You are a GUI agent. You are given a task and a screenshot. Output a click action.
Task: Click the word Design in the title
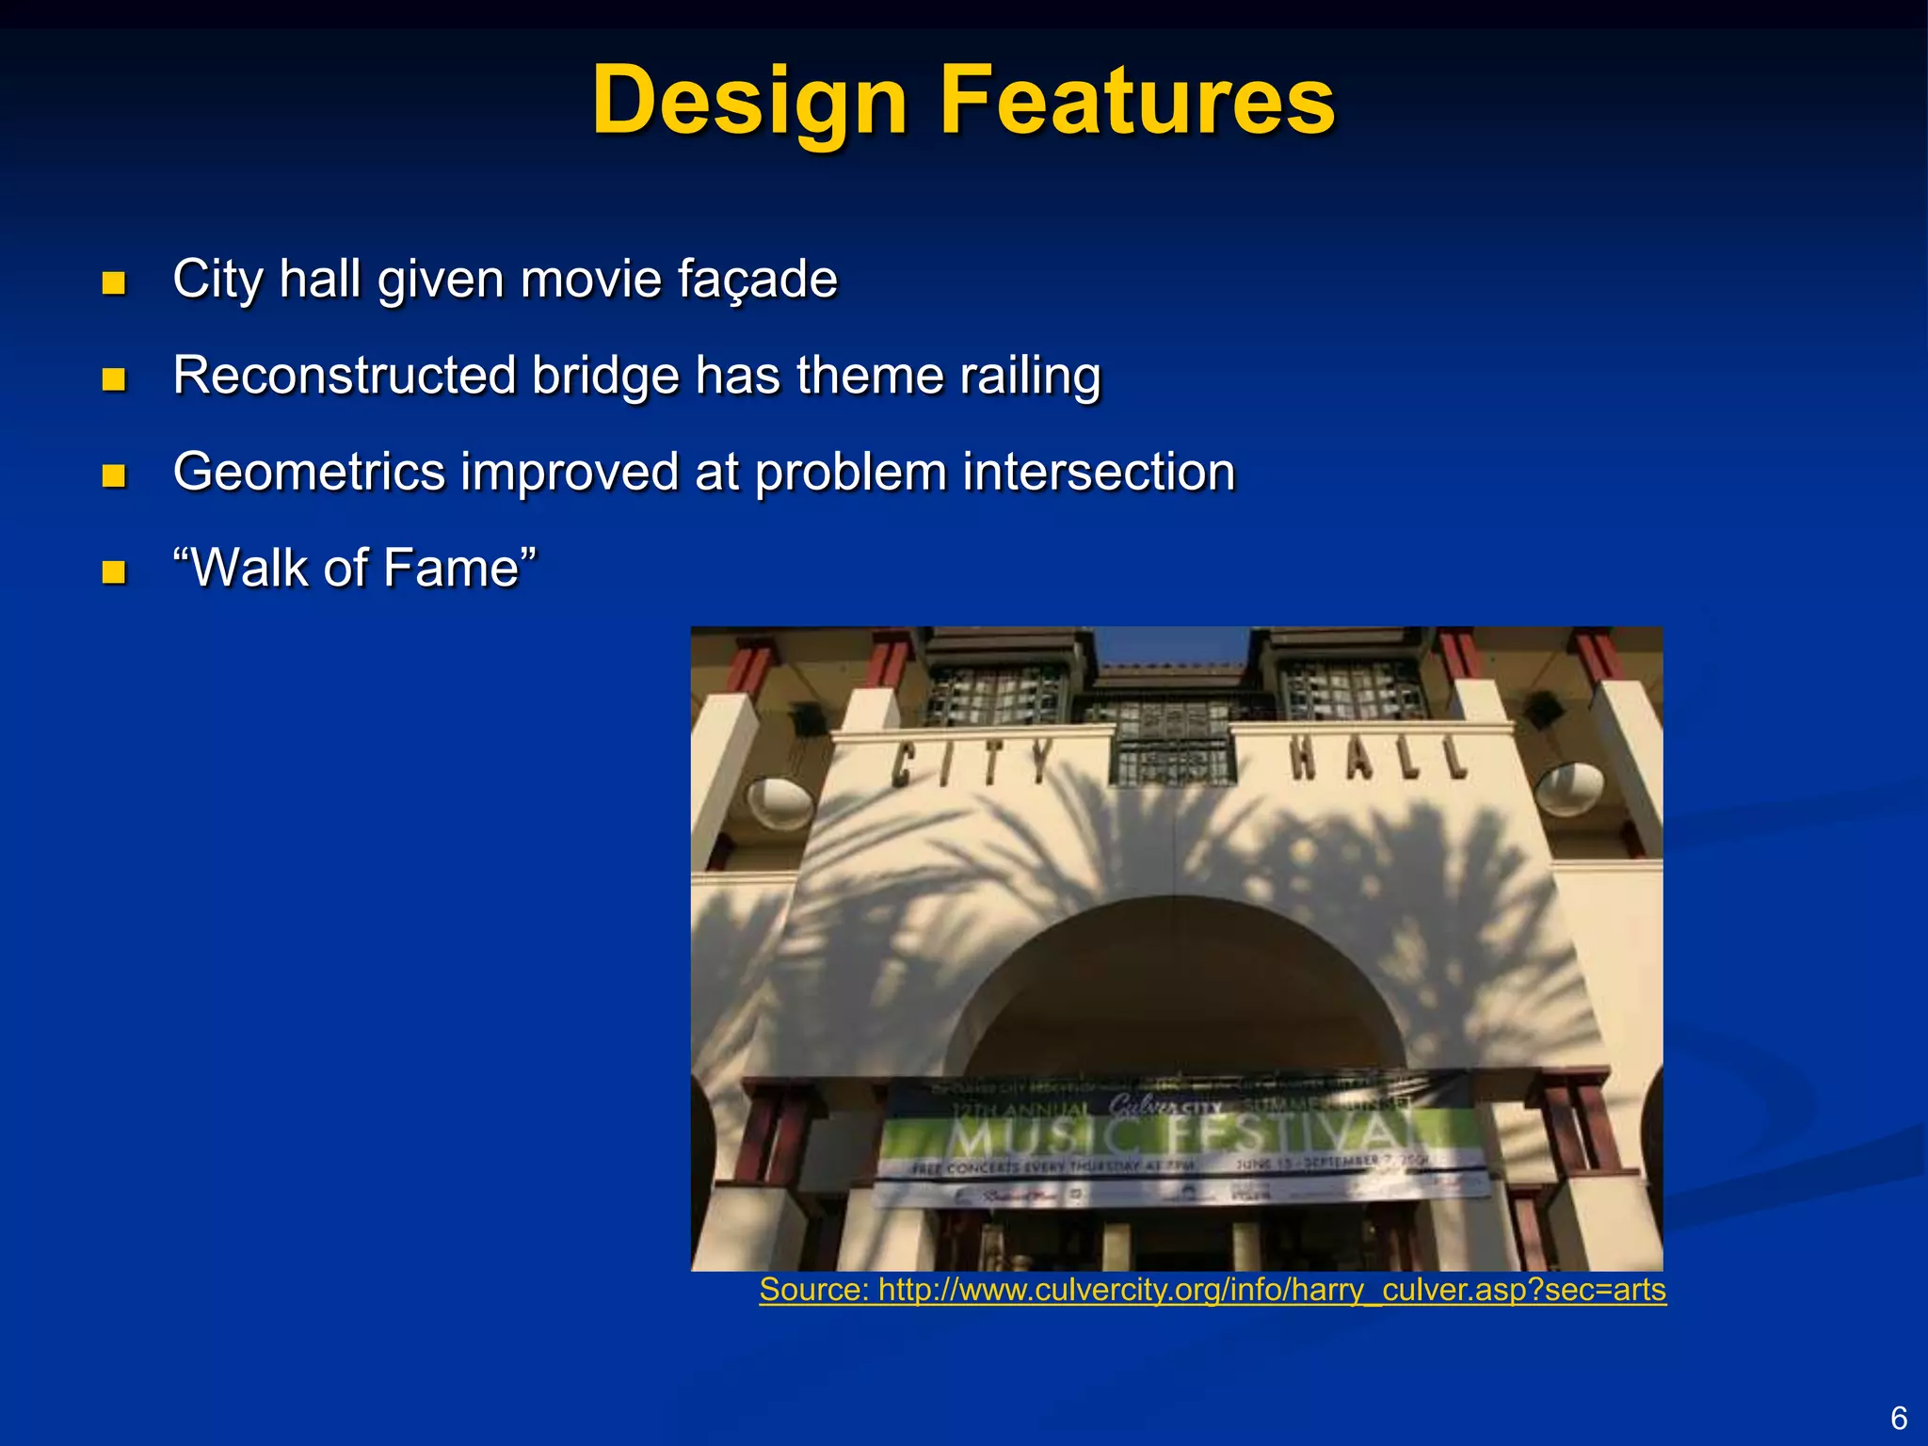click(x=749, y=102)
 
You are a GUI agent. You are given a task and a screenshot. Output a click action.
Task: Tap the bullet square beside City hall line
click(x=114, y=282)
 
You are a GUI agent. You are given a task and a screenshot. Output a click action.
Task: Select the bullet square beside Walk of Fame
click(x=114, y=571)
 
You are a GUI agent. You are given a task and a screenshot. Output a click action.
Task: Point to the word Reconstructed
click(x=345, y=376)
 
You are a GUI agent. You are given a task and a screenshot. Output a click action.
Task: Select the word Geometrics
click(x=309, y=473)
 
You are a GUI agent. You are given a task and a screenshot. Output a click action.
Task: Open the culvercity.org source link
click(x=1213, y=1289)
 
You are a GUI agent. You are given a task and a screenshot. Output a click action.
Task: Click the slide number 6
click(x=1899, y=1418)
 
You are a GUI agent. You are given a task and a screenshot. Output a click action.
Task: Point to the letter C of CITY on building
click(x=904, y=764)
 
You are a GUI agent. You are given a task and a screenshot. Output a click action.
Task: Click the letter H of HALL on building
click(x=1304, y=759)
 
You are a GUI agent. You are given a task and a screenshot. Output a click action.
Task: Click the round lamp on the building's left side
click(x=779, y=803)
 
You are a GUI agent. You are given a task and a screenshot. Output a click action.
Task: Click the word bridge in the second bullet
click(x=604, y=376)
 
